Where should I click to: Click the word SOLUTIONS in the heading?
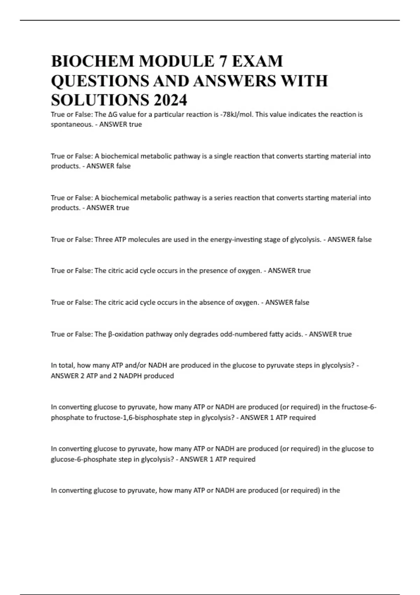[x=99, y=100]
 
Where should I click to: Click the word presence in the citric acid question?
[x=214, y=271]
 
